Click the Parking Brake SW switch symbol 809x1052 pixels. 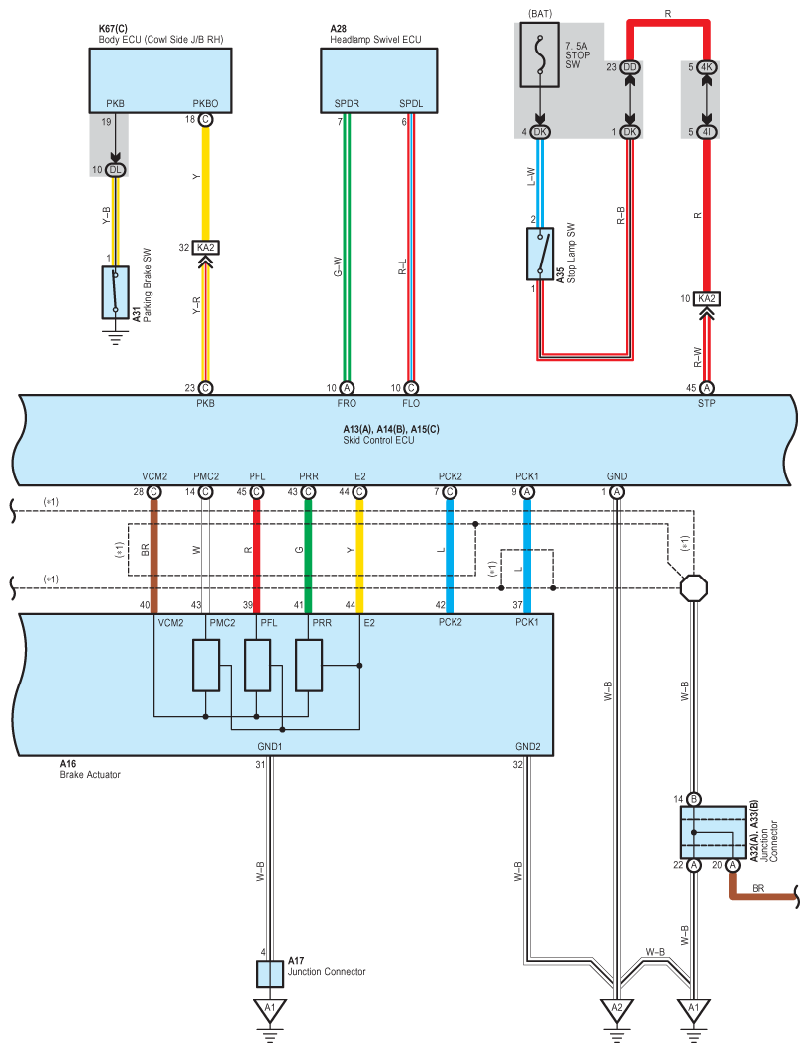(116, 292)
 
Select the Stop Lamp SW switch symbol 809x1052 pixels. (540, 254)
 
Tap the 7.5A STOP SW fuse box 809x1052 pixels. (540, 55)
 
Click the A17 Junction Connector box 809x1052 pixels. (269, 974)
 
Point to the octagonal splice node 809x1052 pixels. (693, 588)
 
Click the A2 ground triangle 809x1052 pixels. (617, 1009)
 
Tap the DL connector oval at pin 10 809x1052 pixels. (116, 170)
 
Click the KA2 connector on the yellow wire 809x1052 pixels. (205, 248)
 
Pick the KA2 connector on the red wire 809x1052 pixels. (706, 298)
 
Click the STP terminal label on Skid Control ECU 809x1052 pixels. (706, 403)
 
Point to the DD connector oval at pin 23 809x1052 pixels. (629, 67)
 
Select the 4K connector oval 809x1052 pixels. (706, 67)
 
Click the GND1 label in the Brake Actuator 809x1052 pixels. (270, 746)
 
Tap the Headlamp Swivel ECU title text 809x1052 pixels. (375, 40)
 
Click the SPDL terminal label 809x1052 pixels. (411, 103)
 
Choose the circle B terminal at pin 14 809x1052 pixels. (693, 799)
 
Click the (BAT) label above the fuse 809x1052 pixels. (540, 14)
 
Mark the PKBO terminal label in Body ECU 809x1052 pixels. (205, 103)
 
